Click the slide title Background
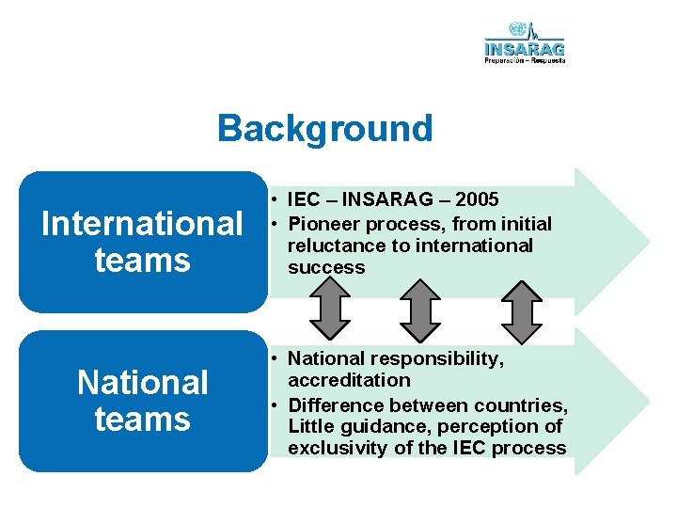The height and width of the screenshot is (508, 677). [x=324, y=128]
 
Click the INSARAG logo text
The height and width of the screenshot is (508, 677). [x=525, y=47]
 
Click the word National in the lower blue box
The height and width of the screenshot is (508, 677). [x=143, y=383]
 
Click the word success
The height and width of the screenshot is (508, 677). [x=326, y=267]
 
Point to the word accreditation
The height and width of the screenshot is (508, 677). [x=349, y=380]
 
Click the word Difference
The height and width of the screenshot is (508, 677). [x=337, y=405]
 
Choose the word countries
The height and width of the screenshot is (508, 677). [x=522, y=405]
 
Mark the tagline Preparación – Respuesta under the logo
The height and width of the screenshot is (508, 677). [x=525, y=59]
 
